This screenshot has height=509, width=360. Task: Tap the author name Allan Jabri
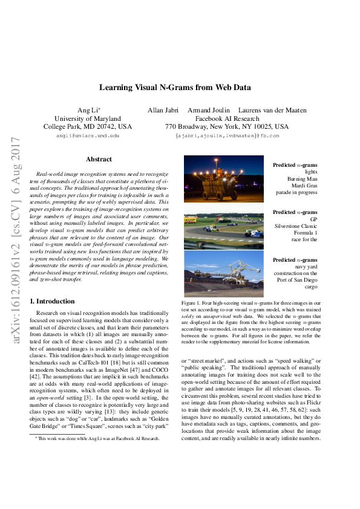point(165,110)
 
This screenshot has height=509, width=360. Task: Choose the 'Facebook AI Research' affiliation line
point(227,118)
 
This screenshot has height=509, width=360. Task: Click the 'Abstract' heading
point(99,159)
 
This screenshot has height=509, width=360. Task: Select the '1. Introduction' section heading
point(52,301)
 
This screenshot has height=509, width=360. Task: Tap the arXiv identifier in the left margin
point(10,242)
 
